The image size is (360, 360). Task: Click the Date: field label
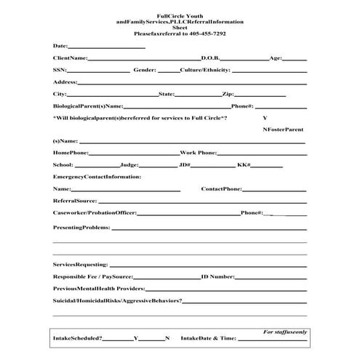pos(60,45)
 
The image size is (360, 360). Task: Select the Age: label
pos(276,57)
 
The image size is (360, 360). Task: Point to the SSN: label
pos(60,71)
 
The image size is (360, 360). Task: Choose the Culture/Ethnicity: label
pos(205,71)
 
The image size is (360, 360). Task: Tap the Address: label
pos(65,82)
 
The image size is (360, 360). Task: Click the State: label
pos(166,95)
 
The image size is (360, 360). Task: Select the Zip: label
pos(228,95)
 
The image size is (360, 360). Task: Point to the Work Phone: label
pos(198,153)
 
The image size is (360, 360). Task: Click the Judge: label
pos(129,165)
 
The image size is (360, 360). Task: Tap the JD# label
pos(185,165)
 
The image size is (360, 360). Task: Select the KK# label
pos(244,165)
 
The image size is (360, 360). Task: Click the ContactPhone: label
pos(221,189)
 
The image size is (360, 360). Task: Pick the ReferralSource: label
pos(75,201)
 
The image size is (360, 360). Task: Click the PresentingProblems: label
pos(81,228)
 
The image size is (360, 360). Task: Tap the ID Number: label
pos(217,277)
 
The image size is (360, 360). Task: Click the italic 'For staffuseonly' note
pos(286,332)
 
